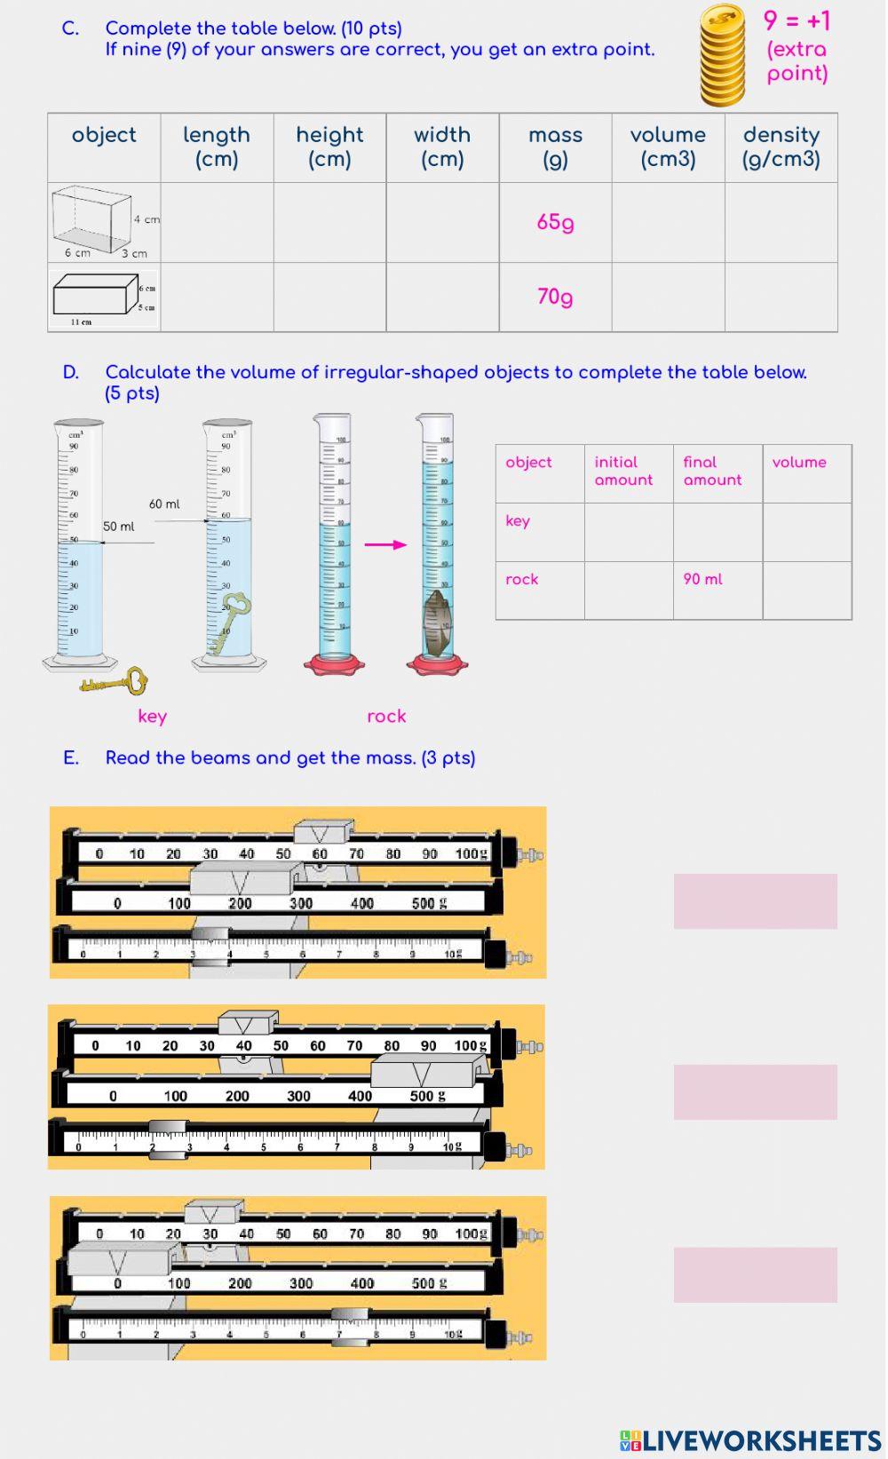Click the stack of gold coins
click(722, 55)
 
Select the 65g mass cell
click(555, 222)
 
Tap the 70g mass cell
click(555, 297)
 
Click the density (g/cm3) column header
click(781, 147)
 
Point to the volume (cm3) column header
click(668, 147)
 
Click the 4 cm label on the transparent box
click(147, 219)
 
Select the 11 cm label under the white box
click(81, 322)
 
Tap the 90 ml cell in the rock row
click(702, 579)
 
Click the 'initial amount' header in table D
click(623, 471)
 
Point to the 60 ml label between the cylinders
click(164, 504)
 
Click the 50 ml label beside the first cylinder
click(119, 527)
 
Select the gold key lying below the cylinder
click(114, 682)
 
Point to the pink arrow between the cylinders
click(385, 544)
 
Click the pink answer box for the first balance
click(755, 901)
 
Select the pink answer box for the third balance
click(755, 1274)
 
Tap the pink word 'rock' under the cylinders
click(386, 717)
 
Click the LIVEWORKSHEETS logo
click(750, 1440)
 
